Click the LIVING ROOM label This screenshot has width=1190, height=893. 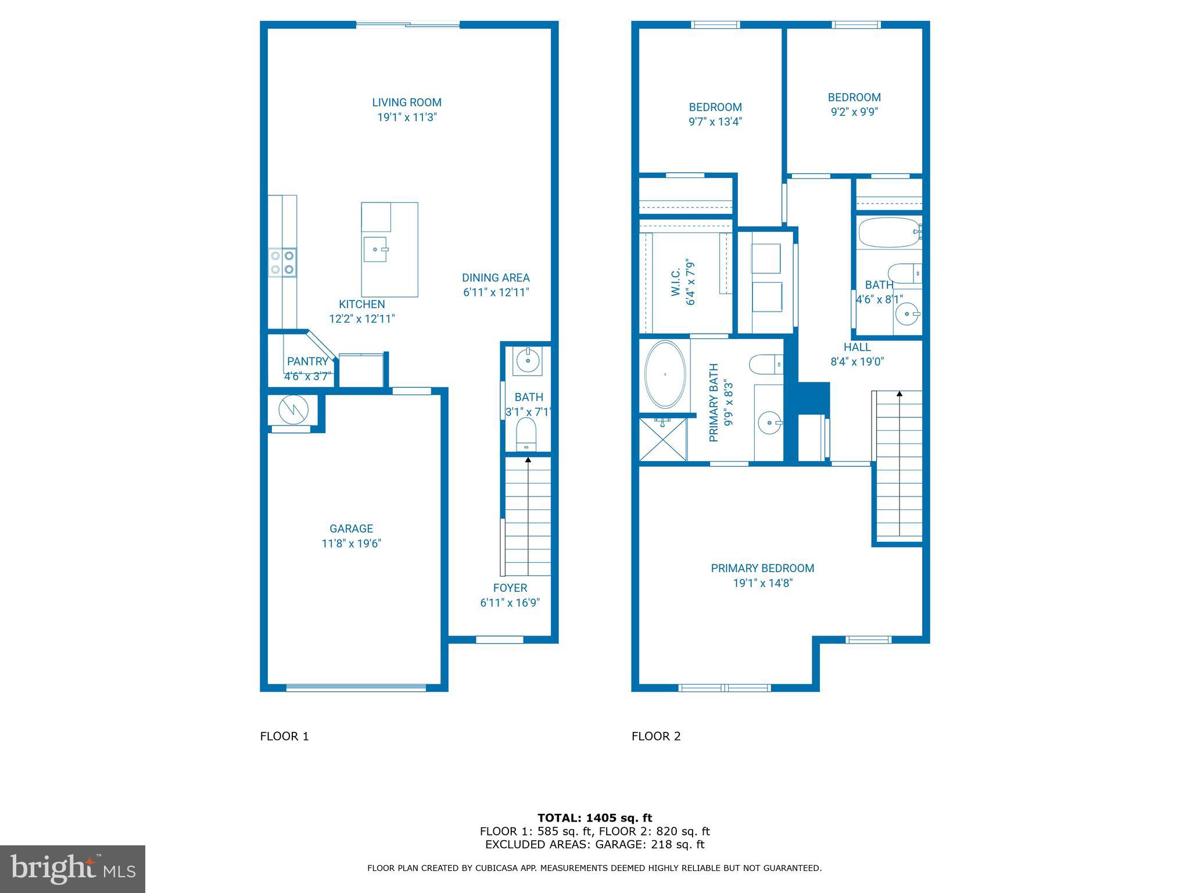pyautogui.click(x=407, y=103)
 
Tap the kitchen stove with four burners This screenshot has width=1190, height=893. pyautogui.click(x=282, y=262)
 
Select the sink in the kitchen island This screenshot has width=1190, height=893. pyautogui.click(x=375, y=249)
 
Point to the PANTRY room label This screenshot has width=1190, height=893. pyautogui.click(x=307, y=361)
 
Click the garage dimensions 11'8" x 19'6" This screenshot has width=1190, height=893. pyautogui.click(x=351, y=544)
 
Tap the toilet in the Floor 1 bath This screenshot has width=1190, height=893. pyautogui.click(x=526, y=434)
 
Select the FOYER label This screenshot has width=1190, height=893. pyautogui.click(x=510, y=588)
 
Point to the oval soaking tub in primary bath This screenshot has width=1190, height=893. pyautogui.click(x=665, y=374)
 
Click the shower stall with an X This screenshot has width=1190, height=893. pyautogui.click(x=662, y=440)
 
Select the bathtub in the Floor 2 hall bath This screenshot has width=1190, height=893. pyautogui.click(x=887, y=233)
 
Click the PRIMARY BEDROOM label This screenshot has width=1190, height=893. pyautogui.click(x=762, y=568)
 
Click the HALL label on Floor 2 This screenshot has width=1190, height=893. pyautogui.click(x=857, y=347)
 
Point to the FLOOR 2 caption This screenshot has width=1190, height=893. pyautogui.click(x=656, y=736)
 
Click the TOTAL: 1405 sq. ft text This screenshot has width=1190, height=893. pyautogui.click(x=594, y=819)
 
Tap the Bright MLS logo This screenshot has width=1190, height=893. pyautogui.click(x=73, y=869)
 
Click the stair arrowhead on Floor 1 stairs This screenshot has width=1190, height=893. pyautogui.click(x=528, y=459)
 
